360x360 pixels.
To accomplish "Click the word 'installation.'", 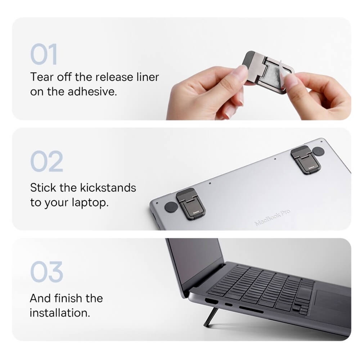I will click(x=60, y=312).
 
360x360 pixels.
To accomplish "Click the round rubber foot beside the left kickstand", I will click(x=171, y=207).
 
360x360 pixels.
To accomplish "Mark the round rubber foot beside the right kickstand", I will click(x=319, y=151).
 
